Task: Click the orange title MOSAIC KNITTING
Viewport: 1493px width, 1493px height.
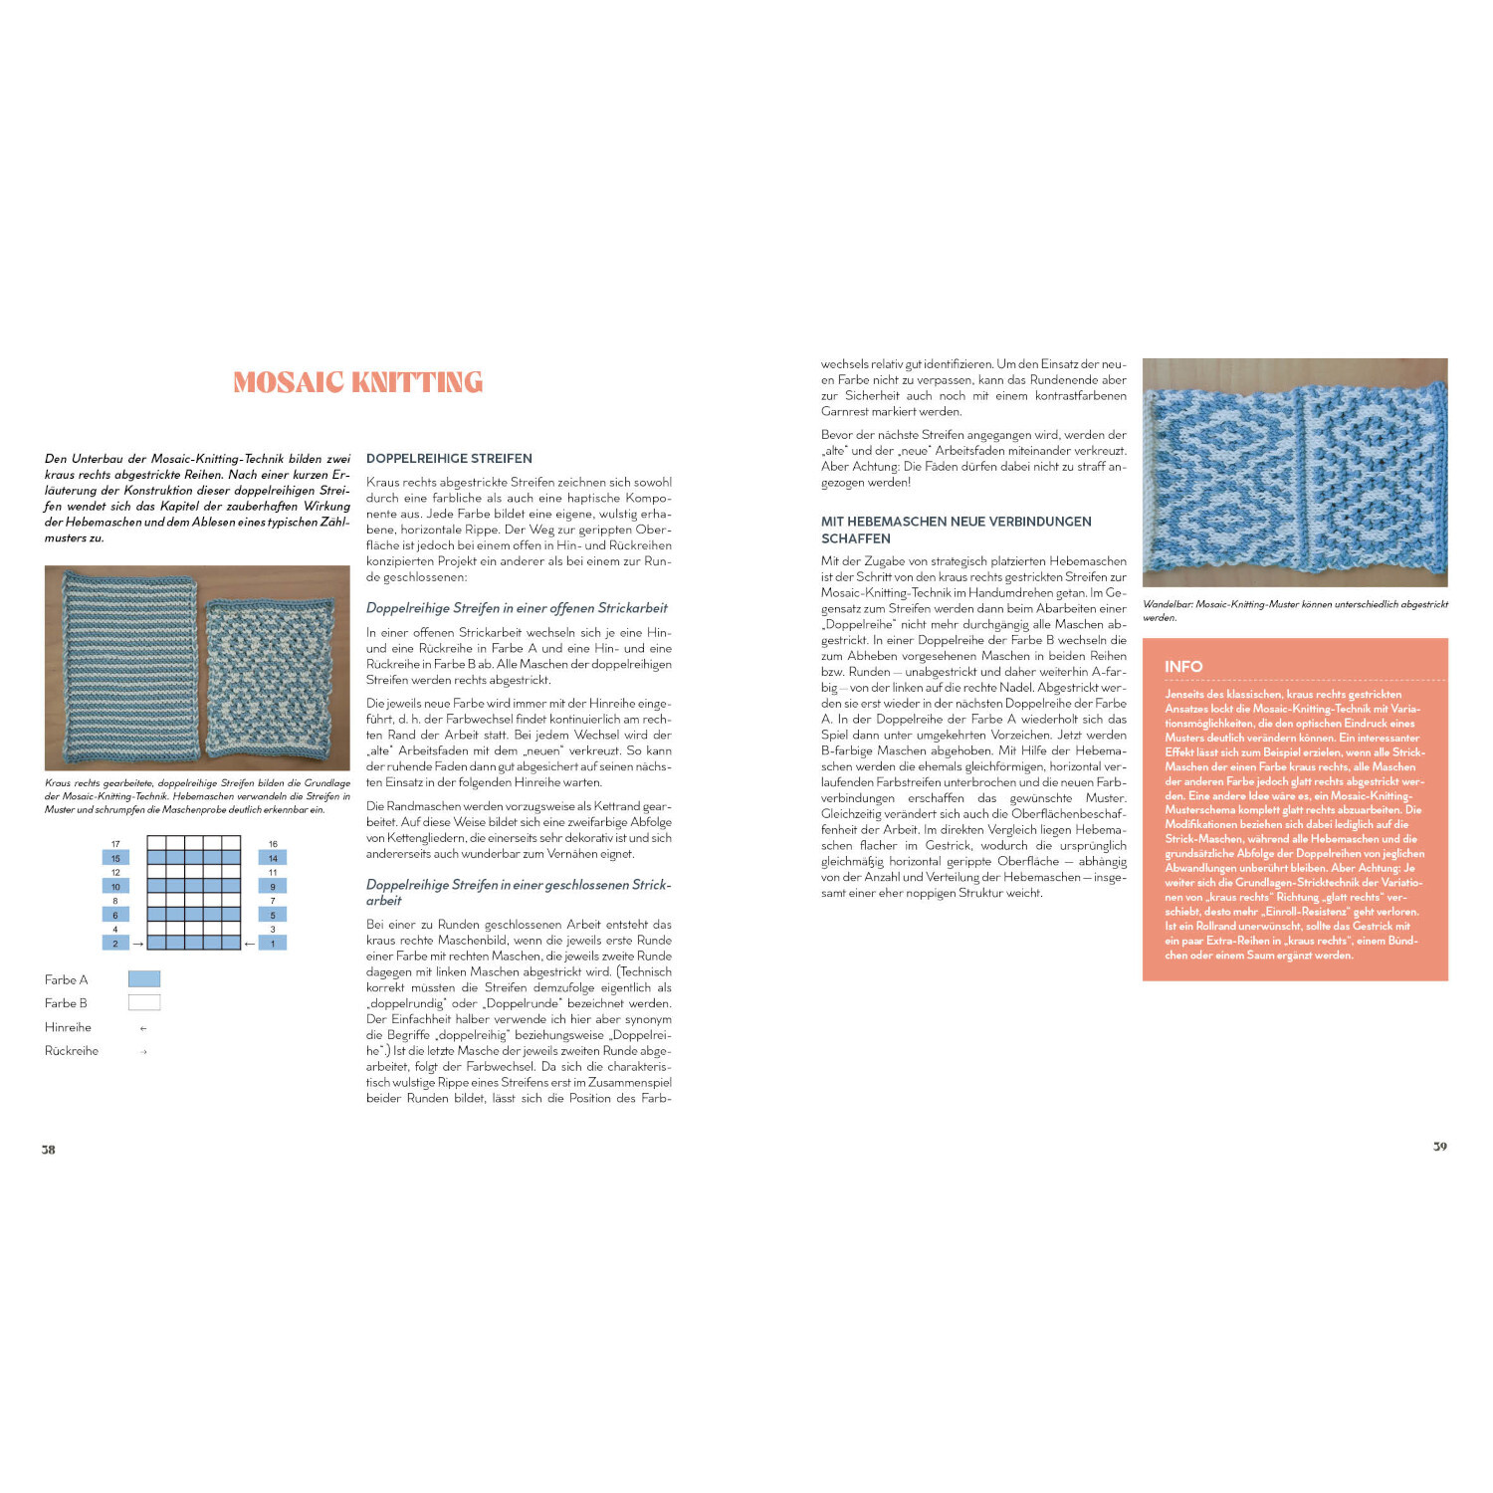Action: [357, 382]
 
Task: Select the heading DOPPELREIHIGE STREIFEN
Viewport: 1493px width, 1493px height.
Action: [449, 459]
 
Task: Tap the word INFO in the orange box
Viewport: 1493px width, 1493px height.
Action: [1183, 667]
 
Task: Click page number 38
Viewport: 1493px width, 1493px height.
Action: [48, 1150]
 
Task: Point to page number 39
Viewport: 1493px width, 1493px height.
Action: [1439, 1147]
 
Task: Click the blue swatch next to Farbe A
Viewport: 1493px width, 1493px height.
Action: [144, 979]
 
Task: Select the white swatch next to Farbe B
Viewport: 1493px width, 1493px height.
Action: [144, 1003]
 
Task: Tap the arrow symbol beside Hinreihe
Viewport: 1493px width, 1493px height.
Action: [144, 1028]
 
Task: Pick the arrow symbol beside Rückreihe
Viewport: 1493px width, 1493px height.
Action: [144, 1052]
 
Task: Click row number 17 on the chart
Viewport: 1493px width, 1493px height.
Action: [115, 844]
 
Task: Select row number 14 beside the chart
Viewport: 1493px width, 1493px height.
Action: [273, 858]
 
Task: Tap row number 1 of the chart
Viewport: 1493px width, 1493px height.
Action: [273, 943]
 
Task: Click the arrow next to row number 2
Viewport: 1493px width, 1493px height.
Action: [138, 943]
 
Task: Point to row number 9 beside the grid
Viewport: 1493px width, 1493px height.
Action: [273, 886]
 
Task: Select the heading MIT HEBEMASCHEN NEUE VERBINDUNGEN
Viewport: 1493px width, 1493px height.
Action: [956, 522]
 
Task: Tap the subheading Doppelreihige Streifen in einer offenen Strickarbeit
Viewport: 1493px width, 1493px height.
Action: [517, 608]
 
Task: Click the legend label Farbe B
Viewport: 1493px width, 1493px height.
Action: [66, 1003]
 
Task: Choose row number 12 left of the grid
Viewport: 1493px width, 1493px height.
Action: [115, 872]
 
